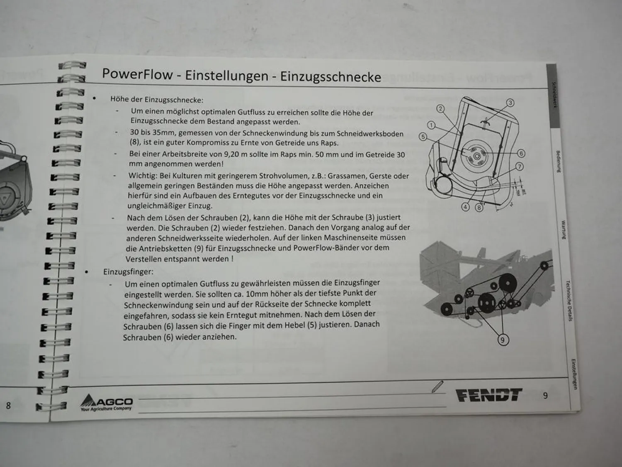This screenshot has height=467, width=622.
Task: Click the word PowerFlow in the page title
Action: click(137, 74)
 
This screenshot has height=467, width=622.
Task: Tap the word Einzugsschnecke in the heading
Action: click(330, 77)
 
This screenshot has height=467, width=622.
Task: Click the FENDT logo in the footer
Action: click(489, 395)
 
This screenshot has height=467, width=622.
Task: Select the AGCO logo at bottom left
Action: click(107, 402)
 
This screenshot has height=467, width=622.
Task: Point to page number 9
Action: click(545, 396)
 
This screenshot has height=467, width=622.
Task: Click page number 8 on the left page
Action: click(8, 405)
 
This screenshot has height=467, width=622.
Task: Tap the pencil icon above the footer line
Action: click(437, 386)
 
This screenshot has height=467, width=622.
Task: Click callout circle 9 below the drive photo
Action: click(503, 340)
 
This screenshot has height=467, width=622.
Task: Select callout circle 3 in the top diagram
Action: click(510, 103)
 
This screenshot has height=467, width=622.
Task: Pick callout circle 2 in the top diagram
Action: click(440, 109)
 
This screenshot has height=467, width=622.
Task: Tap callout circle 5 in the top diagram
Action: click(423, 137)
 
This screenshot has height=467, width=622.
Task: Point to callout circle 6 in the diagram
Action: click(521, 153)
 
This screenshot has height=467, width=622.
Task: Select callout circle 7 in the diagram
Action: click(519, 167)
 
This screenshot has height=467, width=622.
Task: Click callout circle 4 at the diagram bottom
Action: click(466, 207)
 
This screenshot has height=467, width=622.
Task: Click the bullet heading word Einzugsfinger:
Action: click(128, 272)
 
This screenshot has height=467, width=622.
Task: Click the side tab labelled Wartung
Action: click(563, 230)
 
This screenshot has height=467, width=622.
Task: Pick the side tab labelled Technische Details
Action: click(569, 301)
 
